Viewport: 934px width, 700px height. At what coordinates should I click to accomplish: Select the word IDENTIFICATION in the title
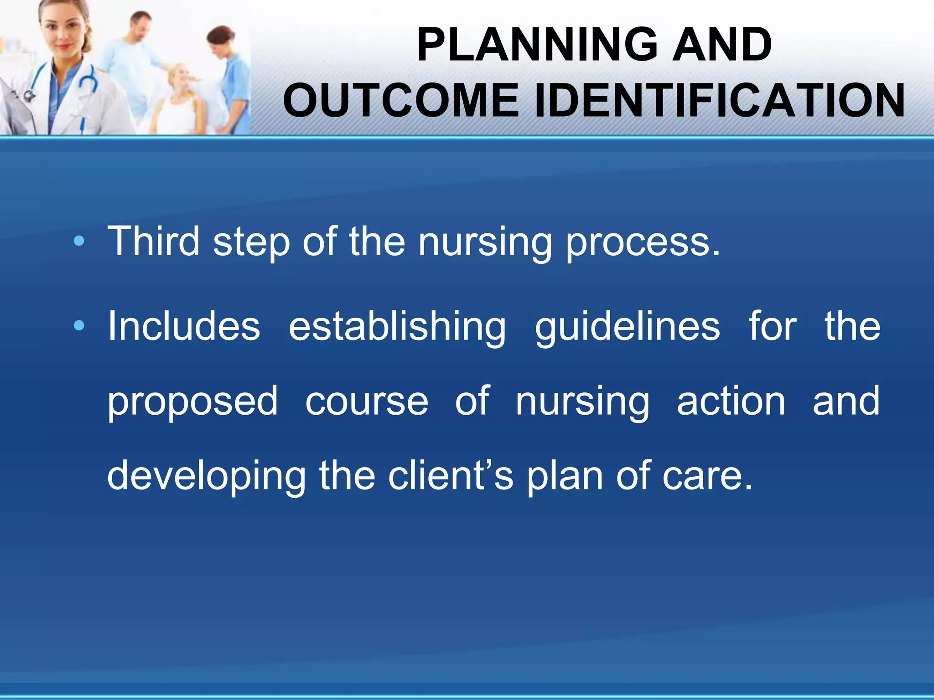719,101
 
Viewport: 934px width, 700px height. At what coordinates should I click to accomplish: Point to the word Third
153,241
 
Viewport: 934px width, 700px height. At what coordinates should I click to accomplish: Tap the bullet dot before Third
79,242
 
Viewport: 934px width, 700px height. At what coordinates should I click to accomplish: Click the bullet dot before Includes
79,325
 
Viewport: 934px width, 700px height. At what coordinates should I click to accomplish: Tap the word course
367,402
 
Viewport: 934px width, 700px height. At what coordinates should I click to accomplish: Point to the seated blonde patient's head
180,77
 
